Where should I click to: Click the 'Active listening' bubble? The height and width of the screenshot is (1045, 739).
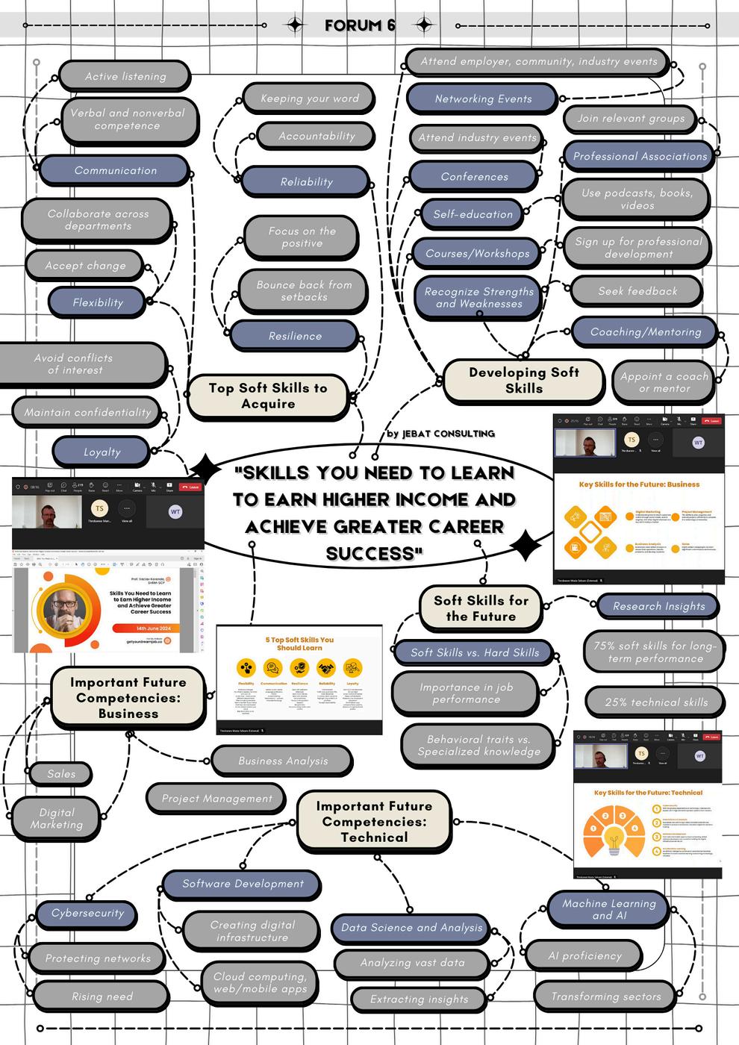(125, 76)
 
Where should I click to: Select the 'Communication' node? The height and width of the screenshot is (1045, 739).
(115, 170)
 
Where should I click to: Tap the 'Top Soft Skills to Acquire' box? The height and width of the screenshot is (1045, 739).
(268, 396)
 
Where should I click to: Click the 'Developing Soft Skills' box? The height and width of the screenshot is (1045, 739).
(523, 380)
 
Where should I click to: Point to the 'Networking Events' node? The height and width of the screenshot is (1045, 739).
(483, 99)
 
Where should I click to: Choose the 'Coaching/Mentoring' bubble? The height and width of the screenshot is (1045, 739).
(645, 331)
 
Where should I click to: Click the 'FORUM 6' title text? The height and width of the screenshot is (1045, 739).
(360, 25)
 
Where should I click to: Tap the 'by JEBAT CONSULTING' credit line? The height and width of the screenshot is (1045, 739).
(440, 434)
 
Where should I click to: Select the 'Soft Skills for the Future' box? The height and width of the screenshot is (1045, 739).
(481, 608)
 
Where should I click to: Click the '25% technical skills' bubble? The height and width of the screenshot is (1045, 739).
(655, 702)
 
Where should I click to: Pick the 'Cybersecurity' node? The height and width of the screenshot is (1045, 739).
(87, 913)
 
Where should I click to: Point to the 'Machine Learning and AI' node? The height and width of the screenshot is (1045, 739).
(608, 908)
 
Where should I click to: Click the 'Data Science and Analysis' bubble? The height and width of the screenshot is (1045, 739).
(411, 927)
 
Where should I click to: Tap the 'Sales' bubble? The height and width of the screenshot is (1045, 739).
(61, 774)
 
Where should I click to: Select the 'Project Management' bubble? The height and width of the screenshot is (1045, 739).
(216, 798)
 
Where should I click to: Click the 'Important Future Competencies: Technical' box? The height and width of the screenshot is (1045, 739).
(374, 821)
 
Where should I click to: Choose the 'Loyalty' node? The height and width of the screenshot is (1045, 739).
(102, 452)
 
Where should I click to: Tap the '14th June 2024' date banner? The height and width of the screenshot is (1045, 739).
(153, 628)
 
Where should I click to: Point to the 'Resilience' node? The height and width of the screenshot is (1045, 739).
(295, 336)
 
